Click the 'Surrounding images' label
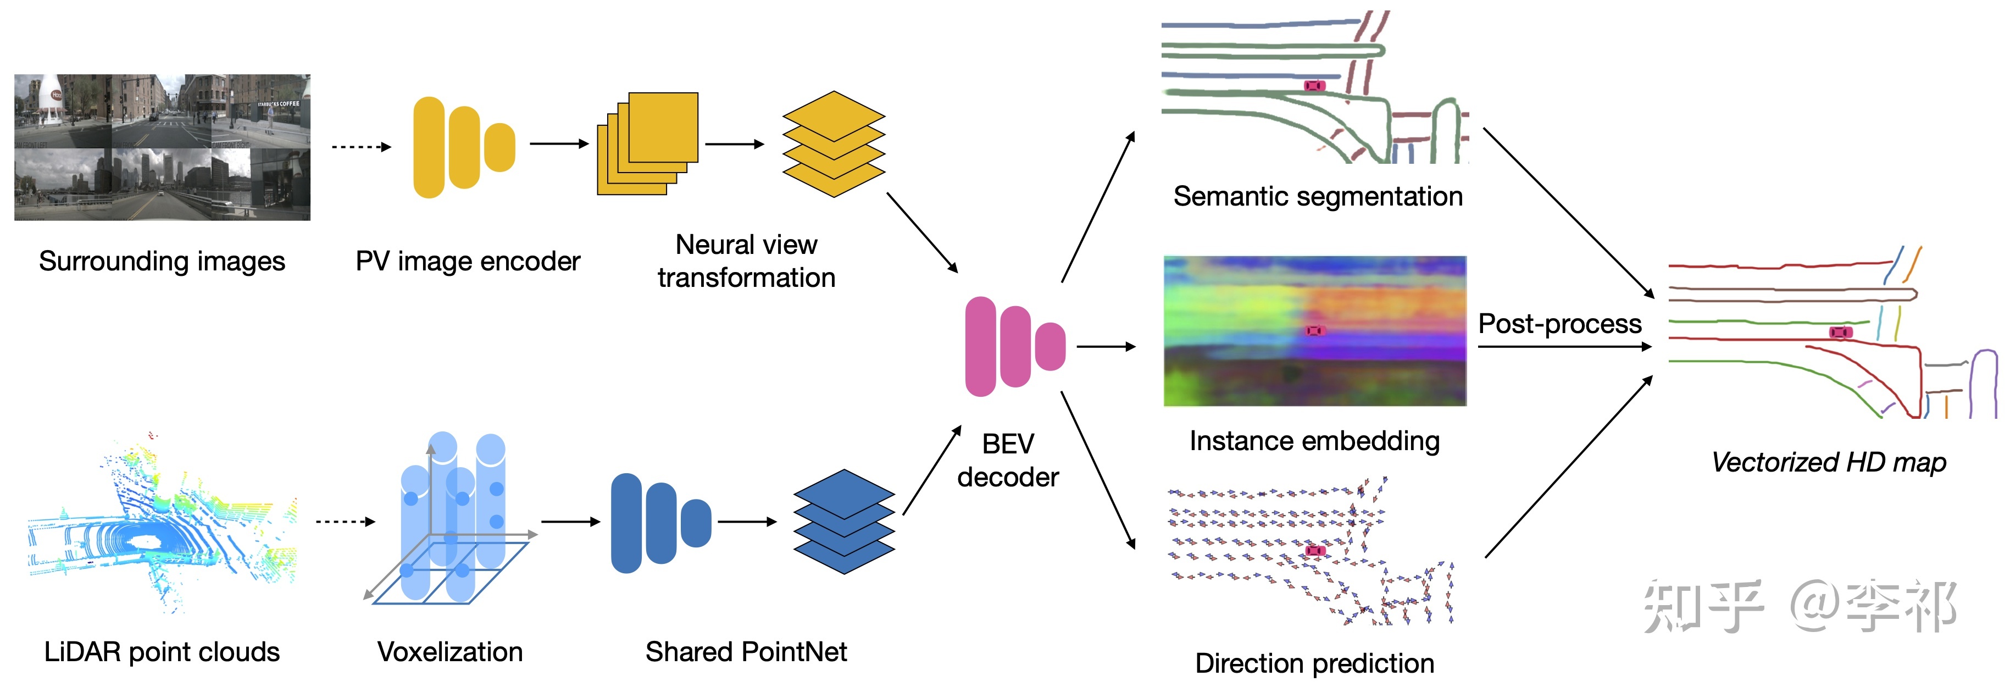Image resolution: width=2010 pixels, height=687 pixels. click(x=162, y=261)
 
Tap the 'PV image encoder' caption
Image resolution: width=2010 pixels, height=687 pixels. click(x=468, y=261)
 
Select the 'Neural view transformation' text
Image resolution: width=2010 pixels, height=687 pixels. click(x=746, y=261)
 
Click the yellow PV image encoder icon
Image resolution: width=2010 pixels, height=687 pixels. click(x=463, y=147)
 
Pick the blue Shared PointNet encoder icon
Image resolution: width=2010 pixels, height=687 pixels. click(x=660, y=522)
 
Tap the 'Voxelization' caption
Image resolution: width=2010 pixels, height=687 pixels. click(x=449, y=652)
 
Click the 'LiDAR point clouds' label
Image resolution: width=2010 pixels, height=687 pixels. click(x=162, y=652)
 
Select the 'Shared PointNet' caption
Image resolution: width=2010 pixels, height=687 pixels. click(x=746, y=652)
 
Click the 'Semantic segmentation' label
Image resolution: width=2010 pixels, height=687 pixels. click(x=1318, y=196)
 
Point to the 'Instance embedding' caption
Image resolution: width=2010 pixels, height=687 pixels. click(x=1315, y=441)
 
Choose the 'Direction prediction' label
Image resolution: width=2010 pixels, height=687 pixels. click(x=1315, y=663)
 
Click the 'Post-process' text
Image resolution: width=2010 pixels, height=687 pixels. click(x=1560, y=323)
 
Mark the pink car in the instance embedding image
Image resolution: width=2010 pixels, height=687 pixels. click(x=1315, y=331)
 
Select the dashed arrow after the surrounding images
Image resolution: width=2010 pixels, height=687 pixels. click(x=360, y=147)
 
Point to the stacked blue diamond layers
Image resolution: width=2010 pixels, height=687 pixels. click(x=843, y=522)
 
